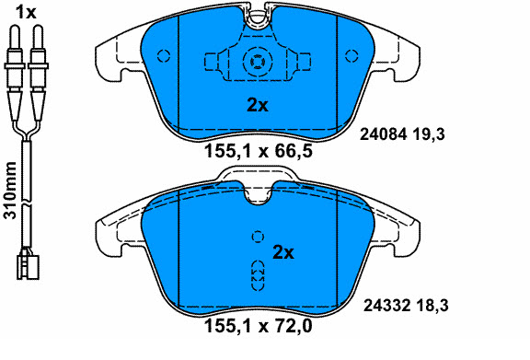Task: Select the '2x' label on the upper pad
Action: (x=257, y=105)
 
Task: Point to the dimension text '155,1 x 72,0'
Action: (x=258, y=325)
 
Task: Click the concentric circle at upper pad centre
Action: (x=255, y=64)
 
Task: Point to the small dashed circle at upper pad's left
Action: (x=164, y=56)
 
